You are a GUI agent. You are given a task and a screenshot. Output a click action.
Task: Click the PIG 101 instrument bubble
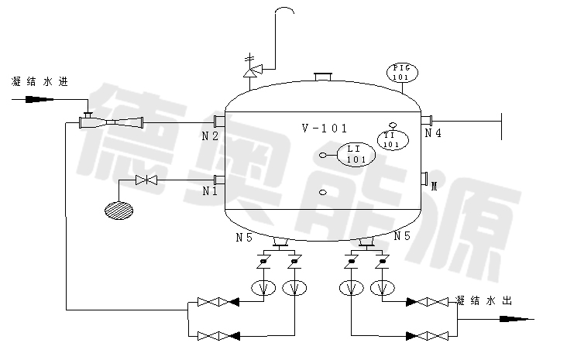click(400, 74)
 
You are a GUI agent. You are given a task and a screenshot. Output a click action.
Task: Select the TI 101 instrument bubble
click(392, 140)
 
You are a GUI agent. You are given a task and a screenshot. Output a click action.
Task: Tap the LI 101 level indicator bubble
click(356, 155)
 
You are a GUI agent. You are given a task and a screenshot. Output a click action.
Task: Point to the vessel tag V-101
click(324, 129)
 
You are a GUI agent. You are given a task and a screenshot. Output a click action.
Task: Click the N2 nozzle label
click(210, 136)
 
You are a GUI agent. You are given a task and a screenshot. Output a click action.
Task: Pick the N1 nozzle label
click(210, 190)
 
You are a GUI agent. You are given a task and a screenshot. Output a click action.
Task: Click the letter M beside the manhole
click(434, 187)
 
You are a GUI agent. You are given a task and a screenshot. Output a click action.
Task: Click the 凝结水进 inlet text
click(40, 81)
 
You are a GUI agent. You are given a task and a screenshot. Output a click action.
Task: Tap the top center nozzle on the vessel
click(323, 77)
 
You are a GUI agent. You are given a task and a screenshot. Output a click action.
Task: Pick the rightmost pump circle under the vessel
click(381, 288)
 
